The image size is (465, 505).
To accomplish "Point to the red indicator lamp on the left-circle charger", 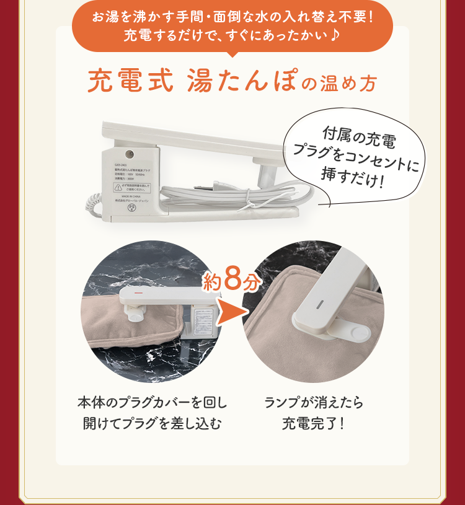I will coord(139,293).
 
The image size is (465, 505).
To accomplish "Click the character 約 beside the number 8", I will coord(211,283).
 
